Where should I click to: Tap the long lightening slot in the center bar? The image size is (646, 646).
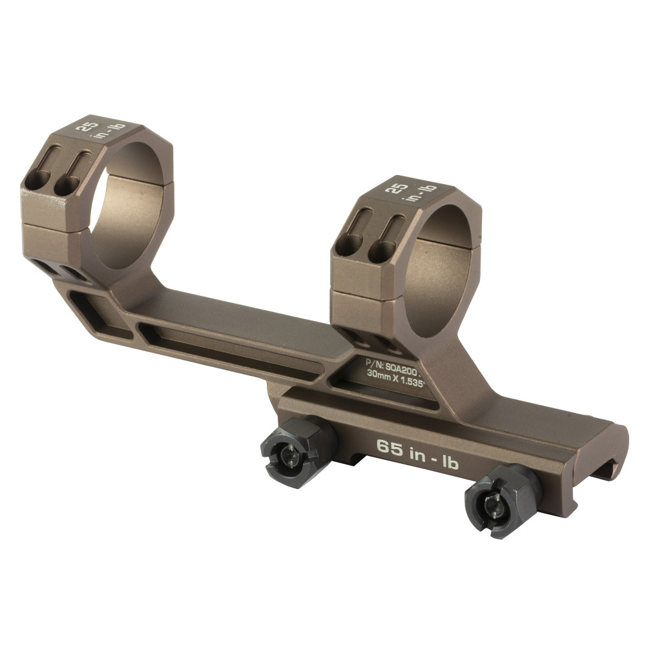(x=233, y=349)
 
